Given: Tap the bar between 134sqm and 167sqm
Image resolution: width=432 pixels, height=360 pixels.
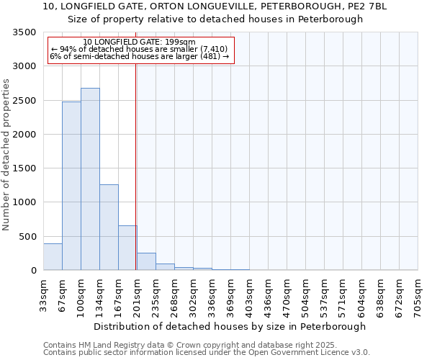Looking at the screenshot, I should [x=109, y=227].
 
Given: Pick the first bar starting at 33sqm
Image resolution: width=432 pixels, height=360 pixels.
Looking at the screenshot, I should [x=53, y=257].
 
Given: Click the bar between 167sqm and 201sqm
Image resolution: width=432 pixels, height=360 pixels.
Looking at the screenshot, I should [x=127, y=248].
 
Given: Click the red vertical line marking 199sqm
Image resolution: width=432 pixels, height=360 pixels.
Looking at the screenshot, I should [x=135, y=144].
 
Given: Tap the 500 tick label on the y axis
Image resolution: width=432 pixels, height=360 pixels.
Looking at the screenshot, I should [x=27, y=236].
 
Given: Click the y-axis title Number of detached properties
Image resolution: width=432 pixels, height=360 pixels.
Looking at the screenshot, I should [x=7, y=155].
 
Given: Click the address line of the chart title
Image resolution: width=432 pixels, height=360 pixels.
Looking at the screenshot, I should [x=215, y=6].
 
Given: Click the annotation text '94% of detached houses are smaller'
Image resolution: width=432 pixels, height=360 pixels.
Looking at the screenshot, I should [x=140, y=49].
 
